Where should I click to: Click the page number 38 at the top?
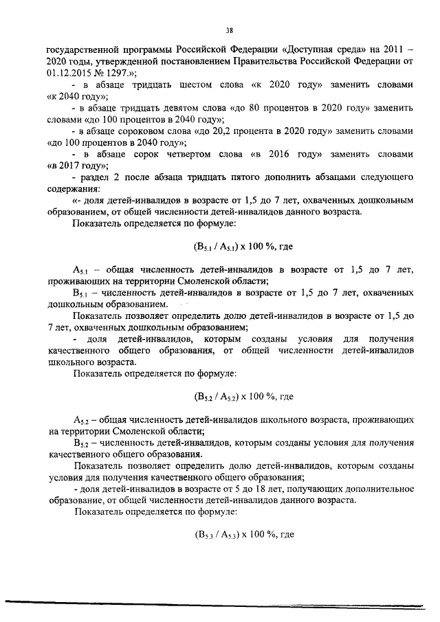coord(230,30)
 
